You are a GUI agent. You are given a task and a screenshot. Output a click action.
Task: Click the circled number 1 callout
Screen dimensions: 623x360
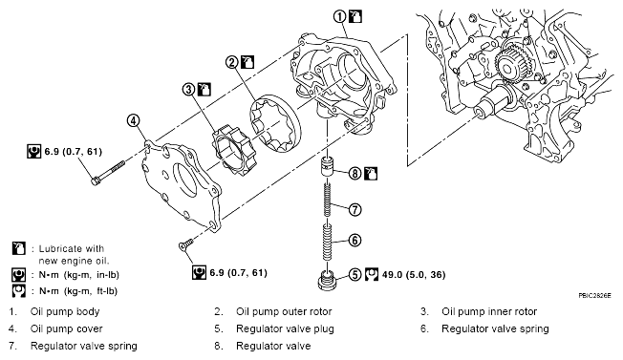tap(340, 16)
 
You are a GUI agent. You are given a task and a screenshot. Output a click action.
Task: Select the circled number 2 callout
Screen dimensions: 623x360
tap(232, 62)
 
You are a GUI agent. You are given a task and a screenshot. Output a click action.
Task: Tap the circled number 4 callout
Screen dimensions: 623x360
tap(134, 120)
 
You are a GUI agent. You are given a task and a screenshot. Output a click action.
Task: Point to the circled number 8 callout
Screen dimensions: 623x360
tap(354, 174)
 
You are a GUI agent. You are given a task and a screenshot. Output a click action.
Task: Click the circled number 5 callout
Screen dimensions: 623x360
tap(354, 275)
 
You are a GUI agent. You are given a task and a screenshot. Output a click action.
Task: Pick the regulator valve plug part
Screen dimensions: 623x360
tap(327, 280)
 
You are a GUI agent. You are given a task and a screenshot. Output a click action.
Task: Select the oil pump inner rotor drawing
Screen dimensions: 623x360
tap(233, 151)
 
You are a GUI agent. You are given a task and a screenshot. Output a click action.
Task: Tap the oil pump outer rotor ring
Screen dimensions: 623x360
tap(275, 123)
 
